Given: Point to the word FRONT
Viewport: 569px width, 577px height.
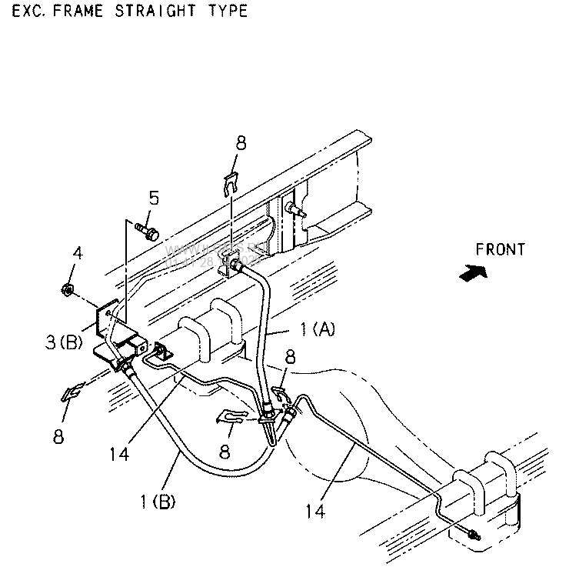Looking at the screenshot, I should (x=500, y=250).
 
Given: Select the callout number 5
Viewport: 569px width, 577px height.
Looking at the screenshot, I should (x=154, y=198).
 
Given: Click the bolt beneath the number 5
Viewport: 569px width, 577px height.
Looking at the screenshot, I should (x=146, y=228).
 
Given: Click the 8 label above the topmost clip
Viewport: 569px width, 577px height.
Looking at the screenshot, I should (x=241, y=142).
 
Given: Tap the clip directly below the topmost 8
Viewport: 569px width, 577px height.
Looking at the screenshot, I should (x=230, y=183).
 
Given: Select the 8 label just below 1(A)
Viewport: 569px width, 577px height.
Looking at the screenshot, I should (x=289, y=358).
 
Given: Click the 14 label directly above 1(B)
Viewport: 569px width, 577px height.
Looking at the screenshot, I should (x=118, y=455).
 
